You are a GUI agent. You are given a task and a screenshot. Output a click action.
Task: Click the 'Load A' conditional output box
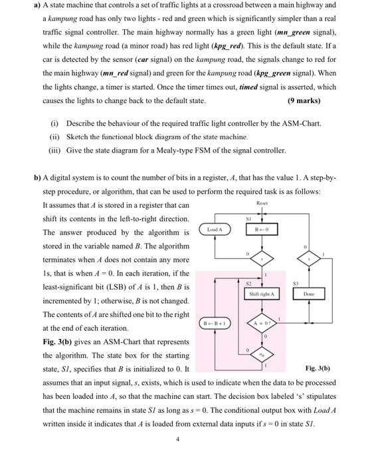pos(215,230)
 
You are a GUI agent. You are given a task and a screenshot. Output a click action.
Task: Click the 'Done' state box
pos(308,294)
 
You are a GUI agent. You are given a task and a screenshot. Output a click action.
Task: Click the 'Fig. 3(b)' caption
pos(318,368)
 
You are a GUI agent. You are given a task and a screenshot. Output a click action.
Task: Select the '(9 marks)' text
pos(304,101)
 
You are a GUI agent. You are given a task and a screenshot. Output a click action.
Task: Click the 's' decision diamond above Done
pos(308,260)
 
